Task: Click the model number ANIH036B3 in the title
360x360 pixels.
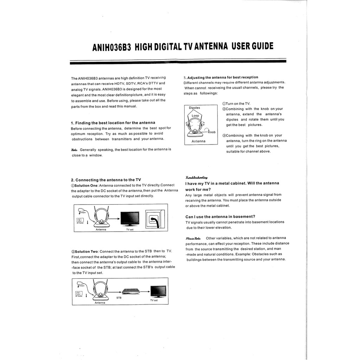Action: (x=111, y=47)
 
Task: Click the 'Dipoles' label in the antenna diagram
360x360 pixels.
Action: (x=194, y=108)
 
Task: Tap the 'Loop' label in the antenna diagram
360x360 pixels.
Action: (x=195, y=116)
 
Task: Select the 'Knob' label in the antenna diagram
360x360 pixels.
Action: (x=212, y=132)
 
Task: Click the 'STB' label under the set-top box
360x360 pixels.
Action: (x=119, y=298)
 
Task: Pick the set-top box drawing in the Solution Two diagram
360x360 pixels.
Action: (x=131, y=291)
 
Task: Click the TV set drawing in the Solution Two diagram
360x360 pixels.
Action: (x=158, y=291)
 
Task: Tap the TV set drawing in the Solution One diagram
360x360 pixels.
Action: (x=130, y=218)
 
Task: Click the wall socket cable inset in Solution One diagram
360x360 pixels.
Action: (x=155, y=219)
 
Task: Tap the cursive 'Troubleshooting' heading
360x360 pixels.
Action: (x=196, y=178)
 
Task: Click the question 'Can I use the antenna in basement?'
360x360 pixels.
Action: (x=220, y=216)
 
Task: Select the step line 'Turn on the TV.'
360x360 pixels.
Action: (x=236, y=104)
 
